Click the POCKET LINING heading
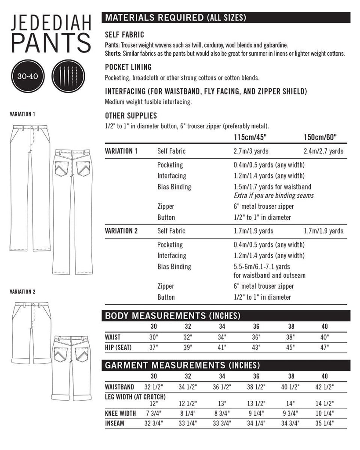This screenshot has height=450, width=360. tap(128, 67)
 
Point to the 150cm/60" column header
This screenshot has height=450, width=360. tap(320, 138)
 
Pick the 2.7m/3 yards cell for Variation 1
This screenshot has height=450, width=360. tap(253, 151)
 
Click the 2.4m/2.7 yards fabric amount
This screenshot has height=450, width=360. tap(324, 151)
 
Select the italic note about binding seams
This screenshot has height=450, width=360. tap(274, 195)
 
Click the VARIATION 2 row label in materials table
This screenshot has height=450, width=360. tap(121, 231)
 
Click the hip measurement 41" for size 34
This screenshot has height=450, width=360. tap(222, 347)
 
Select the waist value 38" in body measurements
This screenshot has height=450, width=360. tap(291, 337)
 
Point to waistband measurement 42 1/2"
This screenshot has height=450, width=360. tap(325, 387)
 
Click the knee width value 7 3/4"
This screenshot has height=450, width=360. tap(153, 414)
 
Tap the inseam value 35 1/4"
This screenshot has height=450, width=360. tap(325, 424)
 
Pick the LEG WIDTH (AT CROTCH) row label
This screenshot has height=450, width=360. tap(135, 397)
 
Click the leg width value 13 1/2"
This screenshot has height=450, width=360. tap(256, 403)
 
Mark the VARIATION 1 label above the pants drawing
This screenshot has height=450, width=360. tap(22, 114)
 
